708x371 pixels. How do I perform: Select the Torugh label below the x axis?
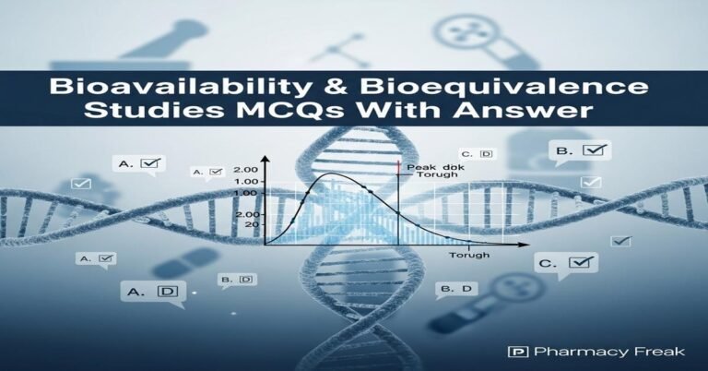[468, 255]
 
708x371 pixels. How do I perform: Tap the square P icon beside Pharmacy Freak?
[517, 352]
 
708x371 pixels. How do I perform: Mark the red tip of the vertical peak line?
[398, 164]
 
